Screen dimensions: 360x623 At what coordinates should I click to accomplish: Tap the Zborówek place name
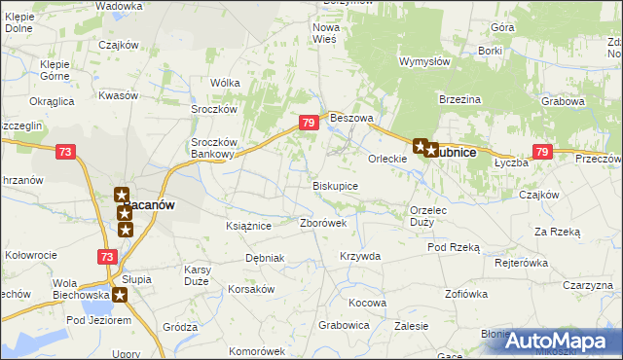tap(323, 222)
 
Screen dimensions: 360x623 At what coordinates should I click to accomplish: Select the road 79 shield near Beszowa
tap(308, 123)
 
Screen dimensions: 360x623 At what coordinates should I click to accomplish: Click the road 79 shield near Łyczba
tap(542, 152)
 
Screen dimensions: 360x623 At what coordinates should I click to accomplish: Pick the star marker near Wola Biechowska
tap(120, 295)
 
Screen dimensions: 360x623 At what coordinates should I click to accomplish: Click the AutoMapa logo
tap(559, 341)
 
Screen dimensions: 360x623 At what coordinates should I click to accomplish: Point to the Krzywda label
tap(359, 256)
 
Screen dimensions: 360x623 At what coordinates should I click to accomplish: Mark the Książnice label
tap(247, 226)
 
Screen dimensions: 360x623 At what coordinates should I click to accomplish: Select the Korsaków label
tap(252, 290)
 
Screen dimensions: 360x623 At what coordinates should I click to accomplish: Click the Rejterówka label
tap(523, 263)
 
